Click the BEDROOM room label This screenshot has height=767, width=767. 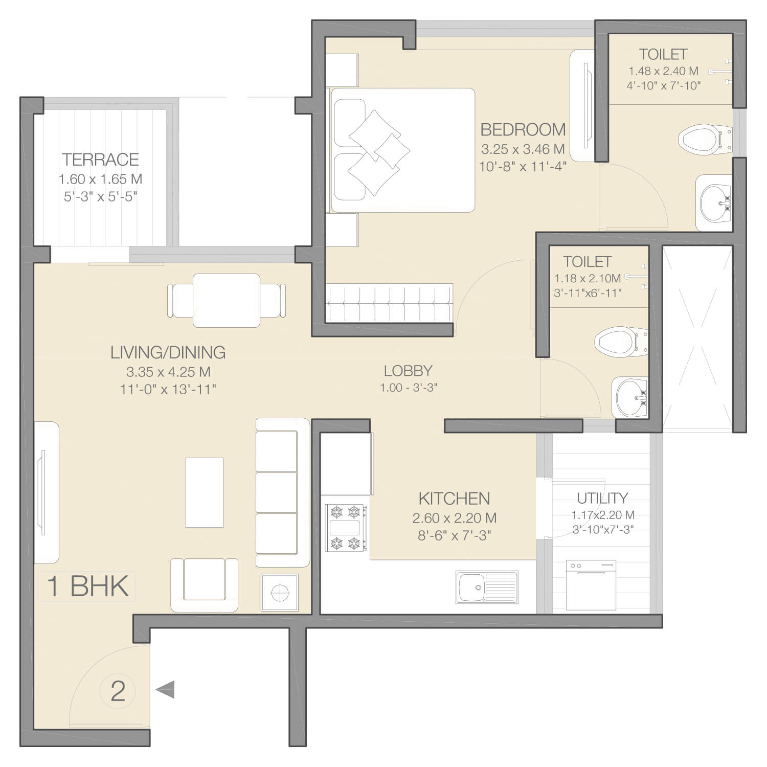[x=523, y=130]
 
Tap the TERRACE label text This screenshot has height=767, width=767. [x=100, y=160]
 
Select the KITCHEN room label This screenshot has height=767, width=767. [x=454, y=499]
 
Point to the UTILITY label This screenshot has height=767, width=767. [x=602, y=498]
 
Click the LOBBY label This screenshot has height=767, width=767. [x=408, y=371]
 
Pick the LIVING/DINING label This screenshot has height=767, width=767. [x=168, y=352]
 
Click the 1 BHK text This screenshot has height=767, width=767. [x=87, y=586]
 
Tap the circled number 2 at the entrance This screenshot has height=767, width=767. [x=118, y=691]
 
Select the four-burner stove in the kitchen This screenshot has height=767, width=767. [x=346, y=528]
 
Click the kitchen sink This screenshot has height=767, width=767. [x=486, y=588]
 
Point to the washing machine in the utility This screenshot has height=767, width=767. [x=591, y=585]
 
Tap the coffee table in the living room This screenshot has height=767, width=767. [x=204, y=492]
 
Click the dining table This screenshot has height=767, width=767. [x=227, y=301]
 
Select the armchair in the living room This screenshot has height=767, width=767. [x=204, y=585]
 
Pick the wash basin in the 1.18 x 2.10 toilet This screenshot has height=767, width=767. [x=630, y=397]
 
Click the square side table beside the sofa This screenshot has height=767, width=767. [x=279, y=592]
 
